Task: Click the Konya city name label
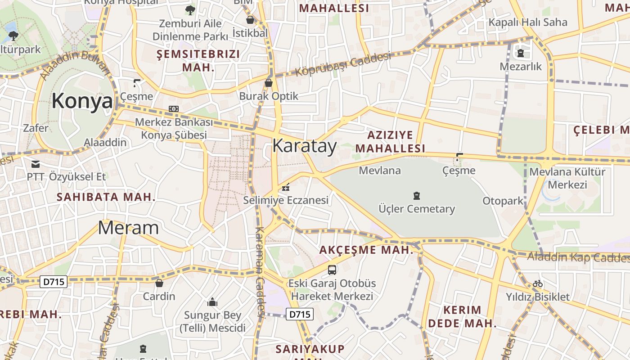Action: [x=82, y=101]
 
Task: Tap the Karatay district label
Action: [x=305, y=146]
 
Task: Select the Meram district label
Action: [x=128, y=228]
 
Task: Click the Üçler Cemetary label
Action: [x=417, y=209]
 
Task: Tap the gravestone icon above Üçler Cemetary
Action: [x=417, y=196]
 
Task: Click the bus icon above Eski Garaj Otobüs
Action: [x=332, y=270]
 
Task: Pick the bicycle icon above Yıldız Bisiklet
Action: [x=537, y=283]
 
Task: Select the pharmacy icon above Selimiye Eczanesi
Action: [x=285, y=187]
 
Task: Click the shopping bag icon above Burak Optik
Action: [x=269, y=83]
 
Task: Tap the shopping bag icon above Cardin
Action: [x=159, y=283]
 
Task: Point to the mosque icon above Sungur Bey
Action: [x=212, y=301]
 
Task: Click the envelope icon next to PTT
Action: [x=36, y=164]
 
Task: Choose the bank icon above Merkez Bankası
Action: [x=174, y=109]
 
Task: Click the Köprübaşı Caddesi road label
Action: [x=343, y=65]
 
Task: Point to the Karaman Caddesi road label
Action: [x=260, y=272]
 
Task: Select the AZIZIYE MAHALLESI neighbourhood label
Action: [x=390, y=141]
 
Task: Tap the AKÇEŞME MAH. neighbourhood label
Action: [x=366, y=250]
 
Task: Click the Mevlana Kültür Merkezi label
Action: [x=567, y=178]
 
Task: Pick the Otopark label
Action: [x=503, y=201]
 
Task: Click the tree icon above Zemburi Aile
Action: [x=190, y=10]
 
